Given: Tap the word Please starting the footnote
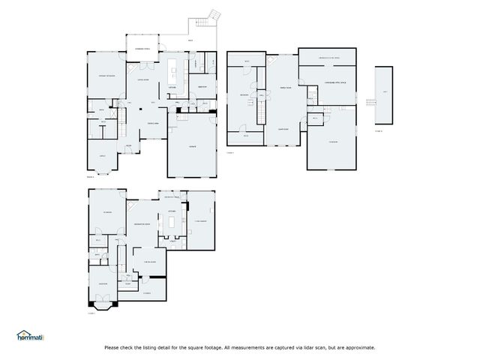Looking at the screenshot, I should coord(112,347).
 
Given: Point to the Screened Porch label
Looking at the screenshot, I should coord(142,49).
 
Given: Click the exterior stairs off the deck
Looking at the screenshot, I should coord(214,16).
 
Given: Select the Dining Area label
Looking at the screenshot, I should coord(152,123).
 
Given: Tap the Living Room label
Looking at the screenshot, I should coord(142,79).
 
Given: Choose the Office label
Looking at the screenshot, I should coord(102,156).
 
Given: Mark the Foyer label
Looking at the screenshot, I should coord(128,145).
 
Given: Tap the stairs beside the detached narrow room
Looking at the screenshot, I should coord(369,102).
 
